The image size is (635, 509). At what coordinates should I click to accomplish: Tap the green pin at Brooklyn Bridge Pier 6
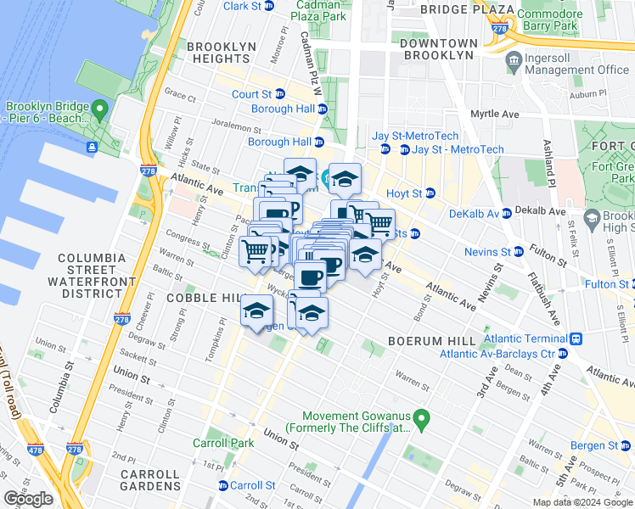coord(100,109)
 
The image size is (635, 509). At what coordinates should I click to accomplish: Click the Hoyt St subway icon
coord(430,193)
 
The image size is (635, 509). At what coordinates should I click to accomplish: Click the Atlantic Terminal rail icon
coord(576,338)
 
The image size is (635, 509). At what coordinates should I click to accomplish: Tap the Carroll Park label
coord(222,443)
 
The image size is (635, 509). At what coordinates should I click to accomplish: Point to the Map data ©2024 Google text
coord(582,502)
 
